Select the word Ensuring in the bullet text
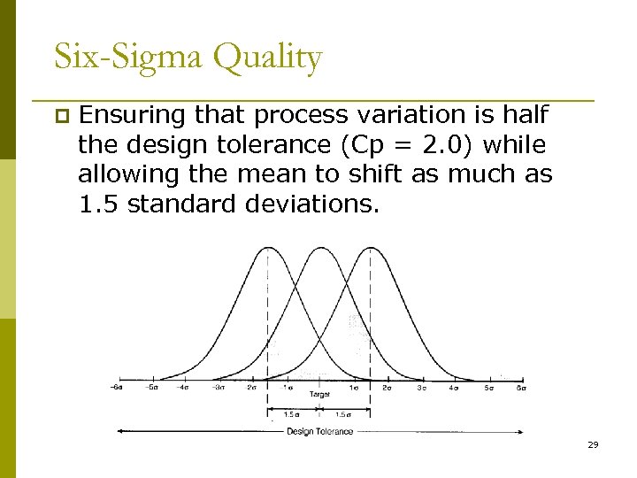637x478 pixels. click(132, 115)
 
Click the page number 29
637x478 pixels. click(593, 444)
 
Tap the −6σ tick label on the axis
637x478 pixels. click(117, 387)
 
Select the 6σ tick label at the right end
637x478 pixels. click(521, 387)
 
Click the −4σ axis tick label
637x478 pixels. click(184, 387)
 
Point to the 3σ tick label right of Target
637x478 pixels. click(421, 387)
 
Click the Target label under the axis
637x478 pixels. click(319, 393)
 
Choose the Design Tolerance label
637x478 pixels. click(319, 432)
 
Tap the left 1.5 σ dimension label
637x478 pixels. click(292, 413)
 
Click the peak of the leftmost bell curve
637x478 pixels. click(268, 248)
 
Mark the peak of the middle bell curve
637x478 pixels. click(319, 248)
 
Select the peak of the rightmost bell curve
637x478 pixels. click(370, 248)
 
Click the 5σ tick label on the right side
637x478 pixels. click(487, 387)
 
